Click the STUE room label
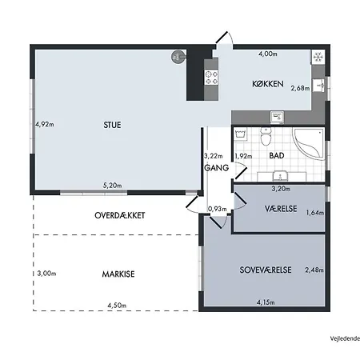point(112,125)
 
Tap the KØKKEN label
point(268,84)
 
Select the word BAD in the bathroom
point(277,155)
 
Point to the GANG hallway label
point(216,168)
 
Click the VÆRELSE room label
point(281,209)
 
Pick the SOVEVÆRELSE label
point(266,270)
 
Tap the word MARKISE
point(118,274)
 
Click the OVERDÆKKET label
point(120,215)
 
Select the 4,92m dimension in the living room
point(45,124)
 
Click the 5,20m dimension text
point(112,185)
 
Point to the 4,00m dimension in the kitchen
point(268,54)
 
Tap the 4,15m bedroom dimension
point(266,302)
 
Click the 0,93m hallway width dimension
point(218,209)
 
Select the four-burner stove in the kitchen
point(211,78)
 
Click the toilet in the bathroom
point(266,136)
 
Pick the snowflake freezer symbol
point(318,57)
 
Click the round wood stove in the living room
point(177,57)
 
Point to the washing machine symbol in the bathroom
point(241,133)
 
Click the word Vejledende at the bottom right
point(345,338)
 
